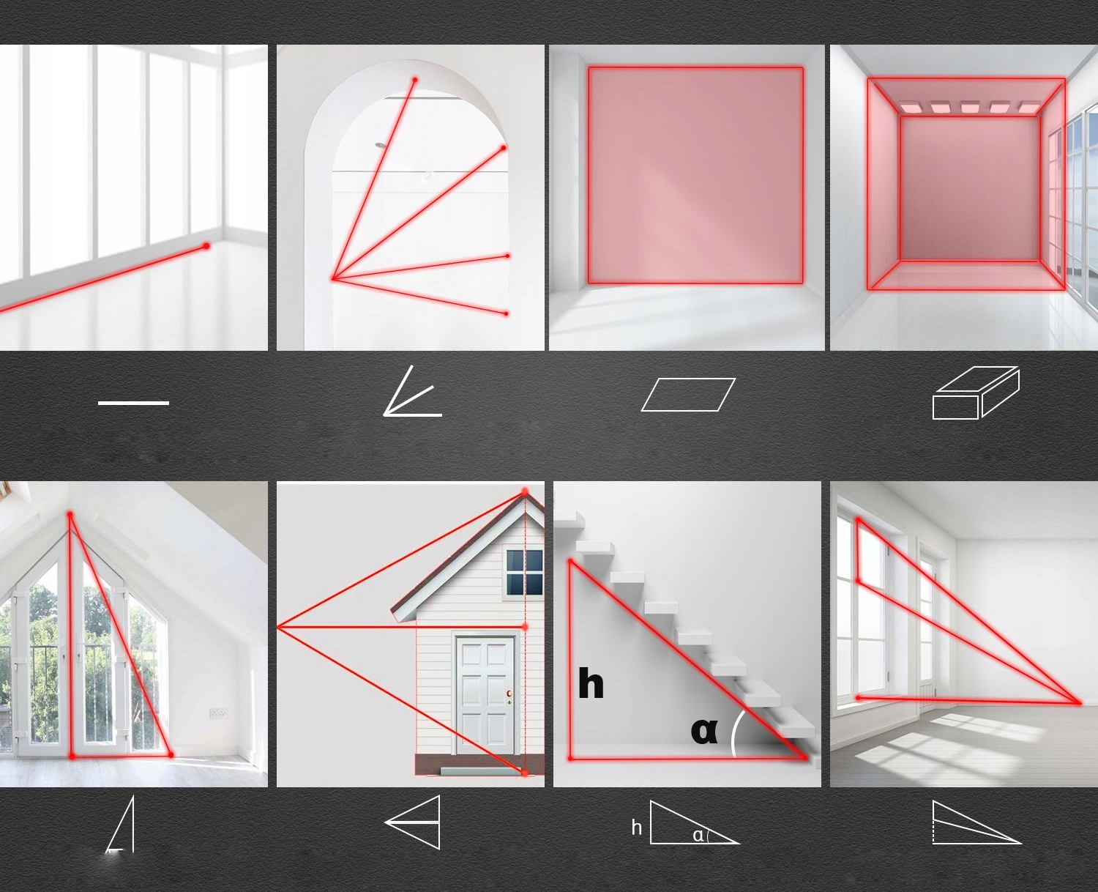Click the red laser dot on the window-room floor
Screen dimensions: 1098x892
206,246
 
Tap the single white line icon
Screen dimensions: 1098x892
133,403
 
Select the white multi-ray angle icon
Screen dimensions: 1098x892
412,391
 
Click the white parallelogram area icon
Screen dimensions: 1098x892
688,395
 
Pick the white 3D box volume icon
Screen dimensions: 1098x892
976,393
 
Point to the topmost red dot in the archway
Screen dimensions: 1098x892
415,80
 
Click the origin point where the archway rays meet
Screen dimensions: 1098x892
334,280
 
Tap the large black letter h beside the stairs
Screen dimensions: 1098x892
591,683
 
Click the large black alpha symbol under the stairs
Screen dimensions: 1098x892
704,730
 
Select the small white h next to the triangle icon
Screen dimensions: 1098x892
637,828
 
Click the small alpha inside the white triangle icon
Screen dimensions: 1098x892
698,836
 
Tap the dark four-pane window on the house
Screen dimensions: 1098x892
525,572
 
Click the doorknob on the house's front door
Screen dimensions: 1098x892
509,694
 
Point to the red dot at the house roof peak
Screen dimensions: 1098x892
526,492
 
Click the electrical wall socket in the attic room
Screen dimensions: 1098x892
217,713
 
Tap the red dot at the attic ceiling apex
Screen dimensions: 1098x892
70,514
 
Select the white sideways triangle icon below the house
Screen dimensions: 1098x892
412,822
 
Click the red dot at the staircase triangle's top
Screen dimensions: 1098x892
571,562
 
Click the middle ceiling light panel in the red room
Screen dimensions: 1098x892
971,107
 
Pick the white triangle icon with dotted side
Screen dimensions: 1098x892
976,823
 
